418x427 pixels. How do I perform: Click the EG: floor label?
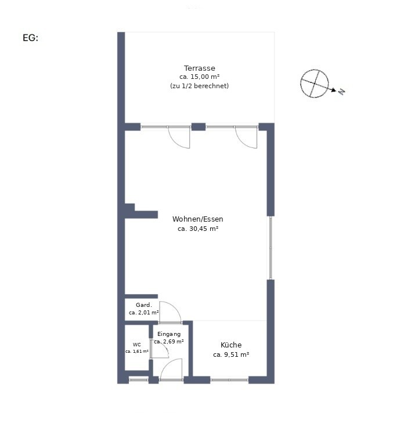[x=31, y=38]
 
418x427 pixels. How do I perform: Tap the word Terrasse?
[x=200, y=68]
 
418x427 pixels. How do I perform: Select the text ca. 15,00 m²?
[x=200, y=77]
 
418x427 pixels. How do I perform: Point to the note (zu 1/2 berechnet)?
[x=200, y=86]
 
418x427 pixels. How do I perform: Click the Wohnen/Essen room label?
[x=197, y=219]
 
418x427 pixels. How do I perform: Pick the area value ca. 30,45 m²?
[x=198, y=229]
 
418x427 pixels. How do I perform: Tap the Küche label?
[x=231, y=345]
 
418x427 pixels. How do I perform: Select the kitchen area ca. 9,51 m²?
[x=231, y=354]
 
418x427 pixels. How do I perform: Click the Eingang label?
[x=169, y=334]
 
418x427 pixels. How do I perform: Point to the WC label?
[x=137, y=345]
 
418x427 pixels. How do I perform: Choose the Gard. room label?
[x=144, y=305]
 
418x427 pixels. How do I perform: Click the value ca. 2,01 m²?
[x=143, y=313]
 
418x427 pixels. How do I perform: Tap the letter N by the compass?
[x=342, y=92]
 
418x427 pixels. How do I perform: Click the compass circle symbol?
[x=301, y=84]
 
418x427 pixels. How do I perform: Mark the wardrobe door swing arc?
[x=175, y=307]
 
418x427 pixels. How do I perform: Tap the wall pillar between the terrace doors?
[x=199, y=126]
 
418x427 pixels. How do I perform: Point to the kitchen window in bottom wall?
[x=229, y=380]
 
